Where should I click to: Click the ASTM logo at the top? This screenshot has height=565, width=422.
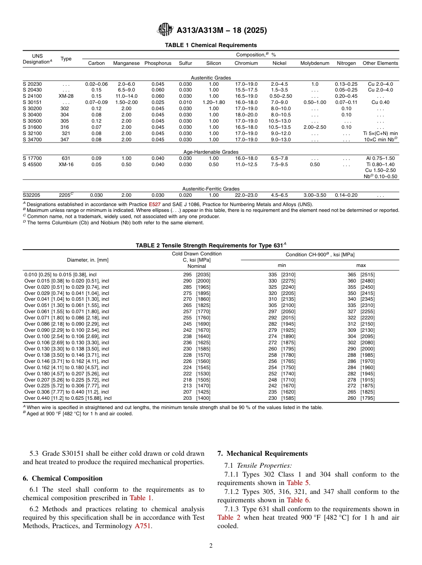165,30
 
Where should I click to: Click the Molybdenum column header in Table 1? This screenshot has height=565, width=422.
315,63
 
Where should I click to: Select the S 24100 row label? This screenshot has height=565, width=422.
32,96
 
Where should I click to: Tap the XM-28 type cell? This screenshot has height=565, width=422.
66,96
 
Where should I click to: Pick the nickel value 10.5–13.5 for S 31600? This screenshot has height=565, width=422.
279,127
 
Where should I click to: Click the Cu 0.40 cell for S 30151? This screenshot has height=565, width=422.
380,102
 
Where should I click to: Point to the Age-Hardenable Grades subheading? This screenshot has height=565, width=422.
211,152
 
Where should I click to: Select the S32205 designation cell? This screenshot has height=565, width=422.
32,195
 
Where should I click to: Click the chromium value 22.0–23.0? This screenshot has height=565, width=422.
246,195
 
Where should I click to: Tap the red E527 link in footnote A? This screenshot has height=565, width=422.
154,204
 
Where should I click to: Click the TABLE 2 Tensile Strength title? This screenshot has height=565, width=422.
211,245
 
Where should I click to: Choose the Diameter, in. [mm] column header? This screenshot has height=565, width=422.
88,260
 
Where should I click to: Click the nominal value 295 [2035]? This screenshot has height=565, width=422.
197,275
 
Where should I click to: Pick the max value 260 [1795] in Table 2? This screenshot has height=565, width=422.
360,398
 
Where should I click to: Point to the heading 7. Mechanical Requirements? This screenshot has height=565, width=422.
262,454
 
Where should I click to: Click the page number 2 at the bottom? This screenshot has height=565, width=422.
211,546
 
